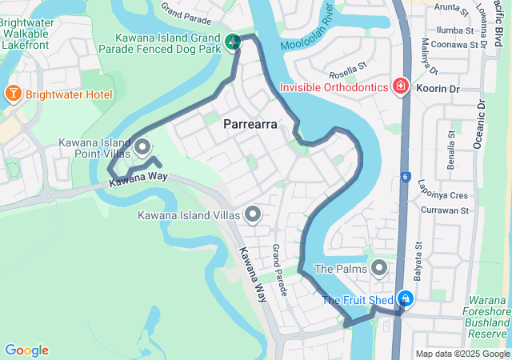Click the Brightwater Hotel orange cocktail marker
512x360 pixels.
[x=13, y=94]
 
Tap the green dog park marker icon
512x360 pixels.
[x=233, y=41]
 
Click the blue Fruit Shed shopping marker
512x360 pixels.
[x=406, y=299]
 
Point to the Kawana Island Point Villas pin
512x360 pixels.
[x=143, y=146]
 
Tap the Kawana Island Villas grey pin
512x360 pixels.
[x=254, y=214]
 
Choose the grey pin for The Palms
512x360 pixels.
[x=379, y=267]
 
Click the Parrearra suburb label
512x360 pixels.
[x=250, y=124]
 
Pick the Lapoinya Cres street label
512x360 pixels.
[x=442, y=194]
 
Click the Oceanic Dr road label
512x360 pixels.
[x=479, y=124]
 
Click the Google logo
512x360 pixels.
[x=26, y=350]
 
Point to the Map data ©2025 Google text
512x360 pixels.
[x=462, y=354]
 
